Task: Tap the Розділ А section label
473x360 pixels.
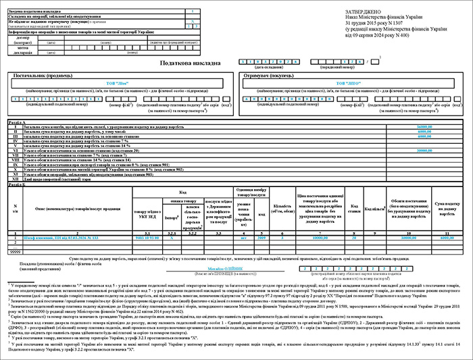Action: (16, 122)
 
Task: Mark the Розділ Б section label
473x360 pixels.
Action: (16, 183)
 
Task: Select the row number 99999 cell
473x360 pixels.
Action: (16, 251)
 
